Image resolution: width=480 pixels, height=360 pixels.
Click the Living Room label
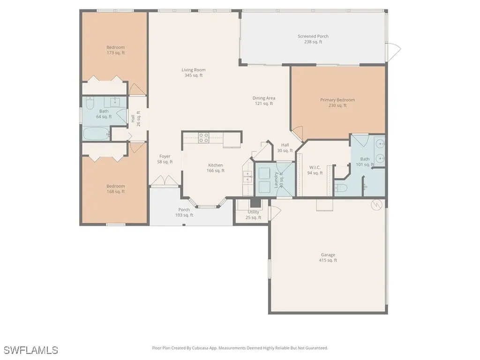[x=194, y=73]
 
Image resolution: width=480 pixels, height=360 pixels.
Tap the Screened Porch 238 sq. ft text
[x=313, y=39]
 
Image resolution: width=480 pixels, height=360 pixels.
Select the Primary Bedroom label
[x=337, y=103]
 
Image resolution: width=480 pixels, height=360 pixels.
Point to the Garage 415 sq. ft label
[x=328, y=257]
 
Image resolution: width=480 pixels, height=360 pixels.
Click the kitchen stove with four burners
[x=204, y=137]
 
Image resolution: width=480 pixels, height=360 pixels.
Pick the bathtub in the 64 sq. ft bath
[x=97, y=134]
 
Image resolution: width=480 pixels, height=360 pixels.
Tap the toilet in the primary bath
[x=341, y=188]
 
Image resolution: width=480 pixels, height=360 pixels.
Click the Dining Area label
[x=264, y=101]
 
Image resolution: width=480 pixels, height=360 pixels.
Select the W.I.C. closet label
[x=315, y=170]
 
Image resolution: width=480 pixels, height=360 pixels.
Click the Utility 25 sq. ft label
[x=253, y=215]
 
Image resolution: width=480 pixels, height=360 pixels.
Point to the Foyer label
[x=165, y=159]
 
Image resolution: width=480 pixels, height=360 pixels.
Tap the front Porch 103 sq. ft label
[x=184, y=212]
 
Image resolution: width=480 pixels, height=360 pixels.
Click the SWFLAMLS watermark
[x=30, y=350]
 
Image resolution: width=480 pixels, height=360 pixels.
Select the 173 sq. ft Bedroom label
[x=116, y=50]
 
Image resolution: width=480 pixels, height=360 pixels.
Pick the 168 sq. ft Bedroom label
[x=116, y=188]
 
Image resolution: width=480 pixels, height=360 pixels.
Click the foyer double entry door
[x=164, y=181]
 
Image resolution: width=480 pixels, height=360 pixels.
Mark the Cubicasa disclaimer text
[x=240, y=348]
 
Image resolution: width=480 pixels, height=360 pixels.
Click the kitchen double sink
[x=247, y=177]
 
